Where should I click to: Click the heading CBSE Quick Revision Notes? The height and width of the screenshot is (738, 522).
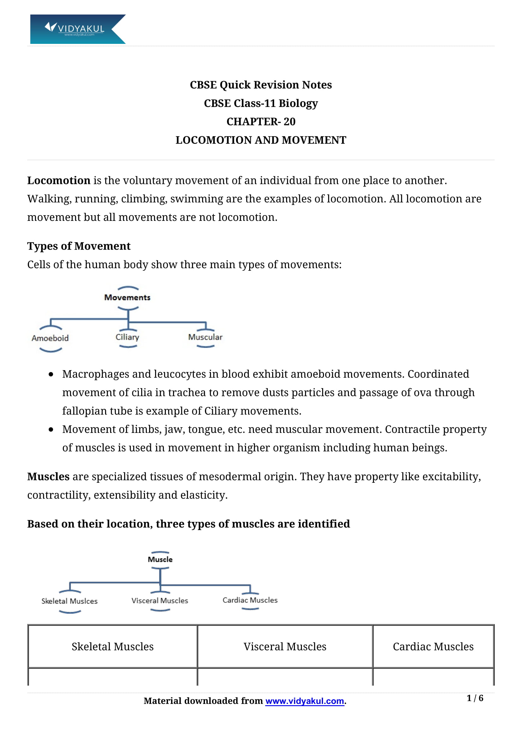[261, 85]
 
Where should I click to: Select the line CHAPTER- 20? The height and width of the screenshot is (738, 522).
[261, 121]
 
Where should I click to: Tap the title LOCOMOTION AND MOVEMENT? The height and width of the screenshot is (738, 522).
[261, 140]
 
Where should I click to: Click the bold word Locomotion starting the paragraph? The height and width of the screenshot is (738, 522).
[58, 181]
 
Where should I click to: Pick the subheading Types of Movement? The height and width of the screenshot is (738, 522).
[79, 246]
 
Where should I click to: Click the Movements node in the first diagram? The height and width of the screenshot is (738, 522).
[127, 298]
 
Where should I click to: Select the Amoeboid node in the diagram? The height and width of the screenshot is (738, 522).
[50, 338]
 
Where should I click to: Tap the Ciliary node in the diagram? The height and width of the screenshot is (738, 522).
[127, 337]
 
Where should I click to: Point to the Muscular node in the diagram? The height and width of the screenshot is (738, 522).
[205, 337]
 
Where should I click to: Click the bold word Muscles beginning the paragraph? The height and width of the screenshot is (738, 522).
[48, 477]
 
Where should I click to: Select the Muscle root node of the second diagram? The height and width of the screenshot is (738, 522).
[160, 560]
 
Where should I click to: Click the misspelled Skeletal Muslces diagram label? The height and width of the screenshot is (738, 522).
[69, 601]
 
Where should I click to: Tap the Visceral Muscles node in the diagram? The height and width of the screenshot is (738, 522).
[160, 601]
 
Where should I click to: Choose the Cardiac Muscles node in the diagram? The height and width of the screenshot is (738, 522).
[250, 600]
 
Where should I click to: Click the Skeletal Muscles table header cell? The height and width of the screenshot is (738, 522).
[112, 647]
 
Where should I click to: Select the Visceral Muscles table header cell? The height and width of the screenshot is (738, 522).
[285, 647]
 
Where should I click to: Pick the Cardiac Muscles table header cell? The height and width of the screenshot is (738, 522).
[433, 647]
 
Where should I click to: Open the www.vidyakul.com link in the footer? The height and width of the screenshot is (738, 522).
[305, 701]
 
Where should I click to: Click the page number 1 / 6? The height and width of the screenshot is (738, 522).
[475, 698]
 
